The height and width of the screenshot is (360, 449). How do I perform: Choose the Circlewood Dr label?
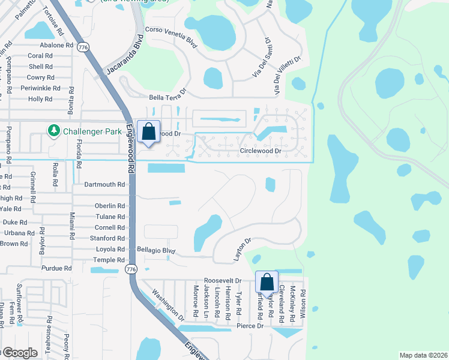[x=261, y=151]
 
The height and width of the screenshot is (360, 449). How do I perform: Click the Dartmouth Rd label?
[x=104, y=185]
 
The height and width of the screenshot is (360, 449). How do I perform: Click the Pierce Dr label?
[x=250, y=326]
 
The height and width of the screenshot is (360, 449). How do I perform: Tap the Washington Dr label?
[x=167, y=304]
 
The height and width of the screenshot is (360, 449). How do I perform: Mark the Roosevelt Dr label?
[x=222, y=280]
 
